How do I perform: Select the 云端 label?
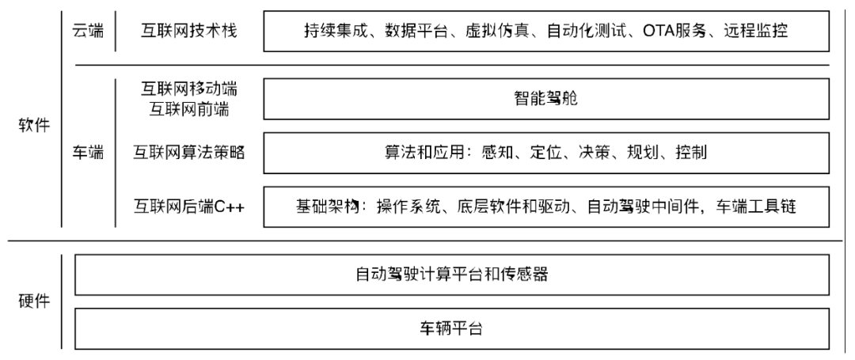coord(87,32)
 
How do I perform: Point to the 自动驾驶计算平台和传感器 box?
coord(451,275)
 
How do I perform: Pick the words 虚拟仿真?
coord(493,32)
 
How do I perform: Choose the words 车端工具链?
coord(760,207)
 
